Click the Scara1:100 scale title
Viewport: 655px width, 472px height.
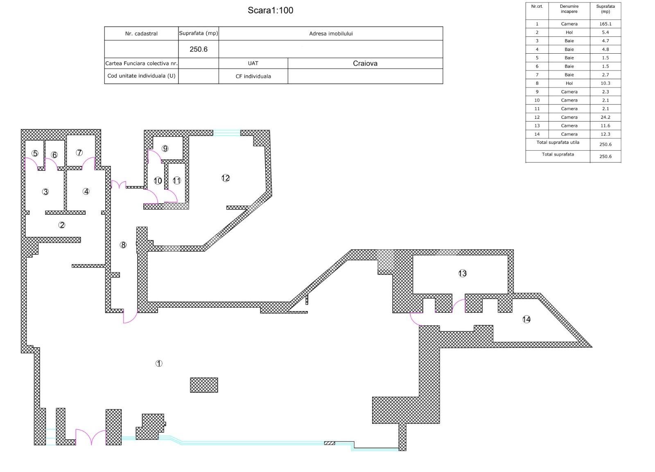tap(270, 10)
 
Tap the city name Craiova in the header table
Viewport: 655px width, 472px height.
tap(365, 63)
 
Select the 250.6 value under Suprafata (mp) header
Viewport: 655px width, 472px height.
tap(199, 49)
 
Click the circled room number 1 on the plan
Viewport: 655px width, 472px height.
tap(159, 363)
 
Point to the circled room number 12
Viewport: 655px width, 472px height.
tap(226, 178)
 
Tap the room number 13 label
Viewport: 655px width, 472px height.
tap(462, 273)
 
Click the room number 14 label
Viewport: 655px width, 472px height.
tap(526, 319)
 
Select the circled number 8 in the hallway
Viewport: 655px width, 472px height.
tap(123, 245)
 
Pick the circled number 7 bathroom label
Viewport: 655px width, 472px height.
tap(79, 152)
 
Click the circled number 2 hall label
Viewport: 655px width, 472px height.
tap(62, 225)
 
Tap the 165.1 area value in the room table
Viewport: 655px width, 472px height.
tap(605, 24)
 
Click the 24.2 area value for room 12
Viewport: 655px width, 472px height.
tap(605, 117)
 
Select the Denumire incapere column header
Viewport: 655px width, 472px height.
tap(569, 9)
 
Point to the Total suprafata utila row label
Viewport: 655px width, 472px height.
tap(558, 143)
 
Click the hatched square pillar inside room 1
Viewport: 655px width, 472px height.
tap(204, 385)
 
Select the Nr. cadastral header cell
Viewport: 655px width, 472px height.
tap(141, 34)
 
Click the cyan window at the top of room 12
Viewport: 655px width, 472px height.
tap(226, 133)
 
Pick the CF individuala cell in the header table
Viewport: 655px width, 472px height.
tap(253, 76)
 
